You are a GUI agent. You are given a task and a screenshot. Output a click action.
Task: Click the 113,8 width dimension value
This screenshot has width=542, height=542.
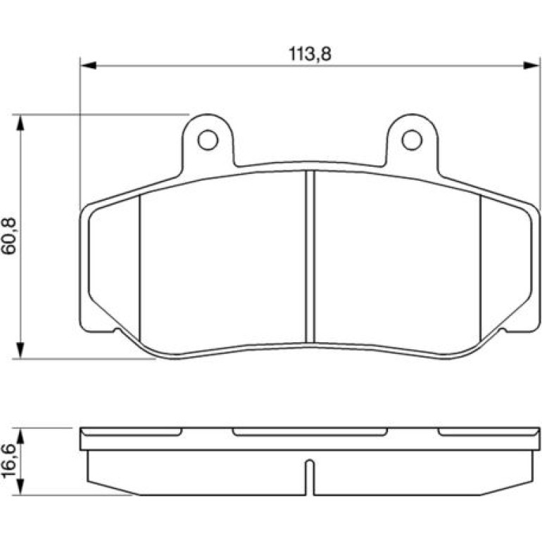click(310, 54)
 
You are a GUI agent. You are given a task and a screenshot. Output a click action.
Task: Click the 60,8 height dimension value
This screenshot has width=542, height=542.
click(8, 236)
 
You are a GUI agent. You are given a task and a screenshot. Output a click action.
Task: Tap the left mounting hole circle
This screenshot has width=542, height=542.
click(208, 140)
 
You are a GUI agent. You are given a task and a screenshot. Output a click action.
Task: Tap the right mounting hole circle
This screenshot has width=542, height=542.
click(412, 140)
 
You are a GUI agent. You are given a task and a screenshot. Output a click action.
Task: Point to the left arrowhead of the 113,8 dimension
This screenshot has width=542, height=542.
click(88, 65)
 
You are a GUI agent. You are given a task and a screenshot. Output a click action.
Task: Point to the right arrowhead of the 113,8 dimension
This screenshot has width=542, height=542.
click(531, 65)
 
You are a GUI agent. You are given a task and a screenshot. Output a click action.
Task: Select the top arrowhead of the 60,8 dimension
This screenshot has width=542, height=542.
click(20, 122)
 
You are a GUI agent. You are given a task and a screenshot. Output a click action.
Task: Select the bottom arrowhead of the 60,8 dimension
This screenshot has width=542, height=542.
click(20, 351)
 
